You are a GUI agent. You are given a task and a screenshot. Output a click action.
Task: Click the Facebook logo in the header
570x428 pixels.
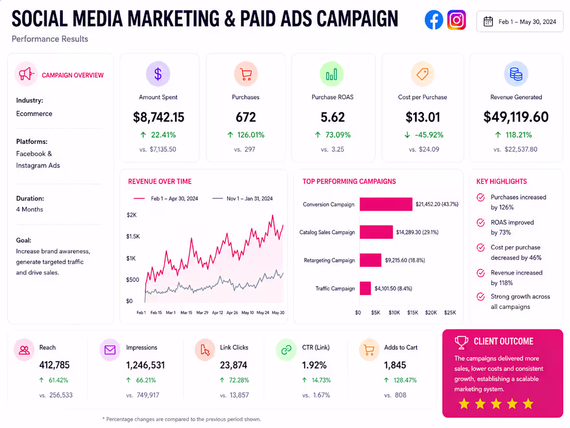click(434, 20)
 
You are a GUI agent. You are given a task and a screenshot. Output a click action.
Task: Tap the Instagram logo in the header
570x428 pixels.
click(457, 20)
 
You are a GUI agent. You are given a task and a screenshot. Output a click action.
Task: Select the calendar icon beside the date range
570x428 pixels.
click(488, 21)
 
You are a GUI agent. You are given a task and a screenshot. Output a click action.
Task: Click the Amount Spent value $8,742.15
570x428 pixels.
click(159, 117)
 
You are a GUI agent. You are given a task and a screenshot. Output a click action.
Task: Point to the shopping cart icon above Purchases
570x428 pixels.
click(246, 74)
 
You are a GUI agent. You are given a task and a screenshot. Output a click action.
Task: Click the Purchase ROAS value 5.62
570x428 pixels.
click(333, 117)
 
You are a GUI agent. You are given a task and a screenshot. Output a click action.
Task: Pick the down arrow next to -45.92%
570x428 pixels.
click(407, 135)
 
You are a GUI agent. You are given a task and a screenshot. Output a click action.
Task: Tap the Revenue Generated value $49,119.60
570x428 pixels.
click(516, 117)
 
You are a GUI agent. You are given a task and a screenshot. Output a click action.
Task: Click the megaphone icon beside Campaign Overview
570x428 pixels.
click(26, 74)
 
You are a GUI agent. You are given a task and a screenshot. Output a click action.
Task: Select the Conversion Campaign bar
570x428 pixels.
click(386, 204)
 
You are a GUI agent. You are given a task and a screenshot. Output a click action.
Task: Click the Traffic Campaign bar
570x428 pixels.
click(365, 288)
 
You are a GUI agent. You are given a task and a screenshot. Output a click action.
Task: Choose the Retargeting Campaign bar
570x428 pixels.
click(370, 260)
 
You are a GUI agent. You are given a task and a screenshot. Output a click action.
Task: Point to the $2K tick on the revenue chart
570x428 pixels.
click(132, 215)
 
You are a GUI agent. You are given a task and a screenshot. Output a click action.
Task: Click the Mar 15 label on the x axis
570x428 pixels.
click(187, 313)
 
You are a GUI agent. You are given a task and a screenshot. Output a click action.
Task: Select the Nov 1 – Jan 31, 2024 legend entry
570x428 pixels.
click(243, 198)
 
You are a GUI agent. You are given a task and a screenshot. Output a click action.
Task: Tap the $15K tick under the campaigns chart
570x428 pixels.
click(412, 313)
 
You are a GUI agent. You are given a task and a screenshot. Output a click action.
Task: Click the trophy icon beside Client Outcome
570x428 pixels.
click(461, 342)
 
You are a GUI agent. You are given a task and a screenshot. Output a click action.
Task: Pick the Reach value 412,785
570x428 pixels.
click(54, 365)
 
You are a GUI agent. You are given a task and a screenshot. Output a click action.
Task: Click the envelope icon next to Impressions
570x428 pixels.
click(110, 350)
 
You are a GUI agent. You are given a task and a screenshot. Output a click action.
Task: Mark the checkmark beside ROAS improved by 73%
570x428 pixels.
click(480, 223)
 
